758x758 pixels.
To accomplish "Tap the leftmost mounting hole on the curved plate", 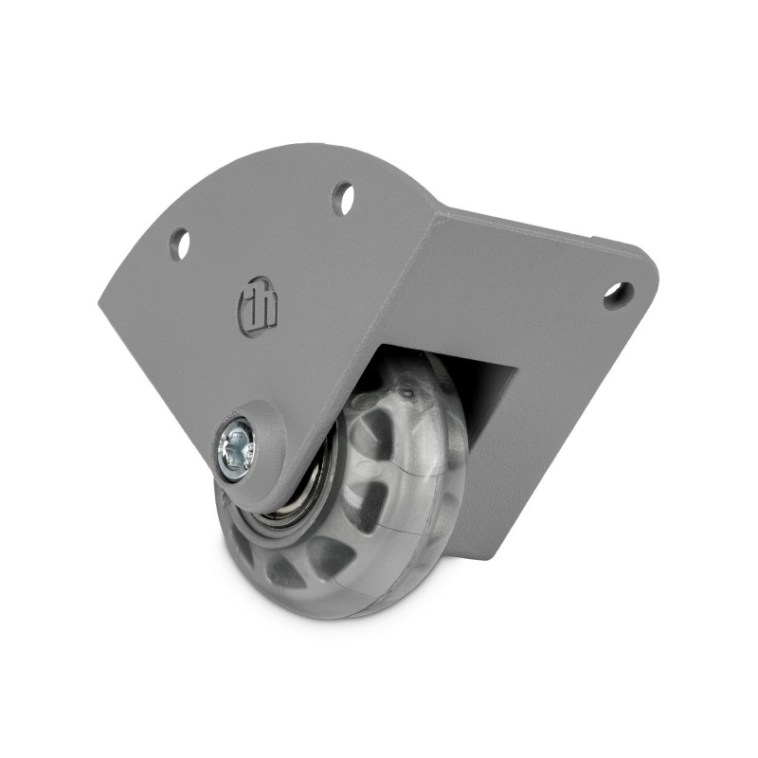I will pos(179,243).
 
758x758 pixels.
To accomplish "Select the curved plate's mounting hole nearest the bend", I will pos(343,198).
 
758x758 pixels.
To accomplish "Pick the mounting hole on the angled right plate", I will pos(618,294).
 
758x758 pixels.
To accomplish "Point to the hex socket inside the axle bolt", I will pos(236,444).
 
